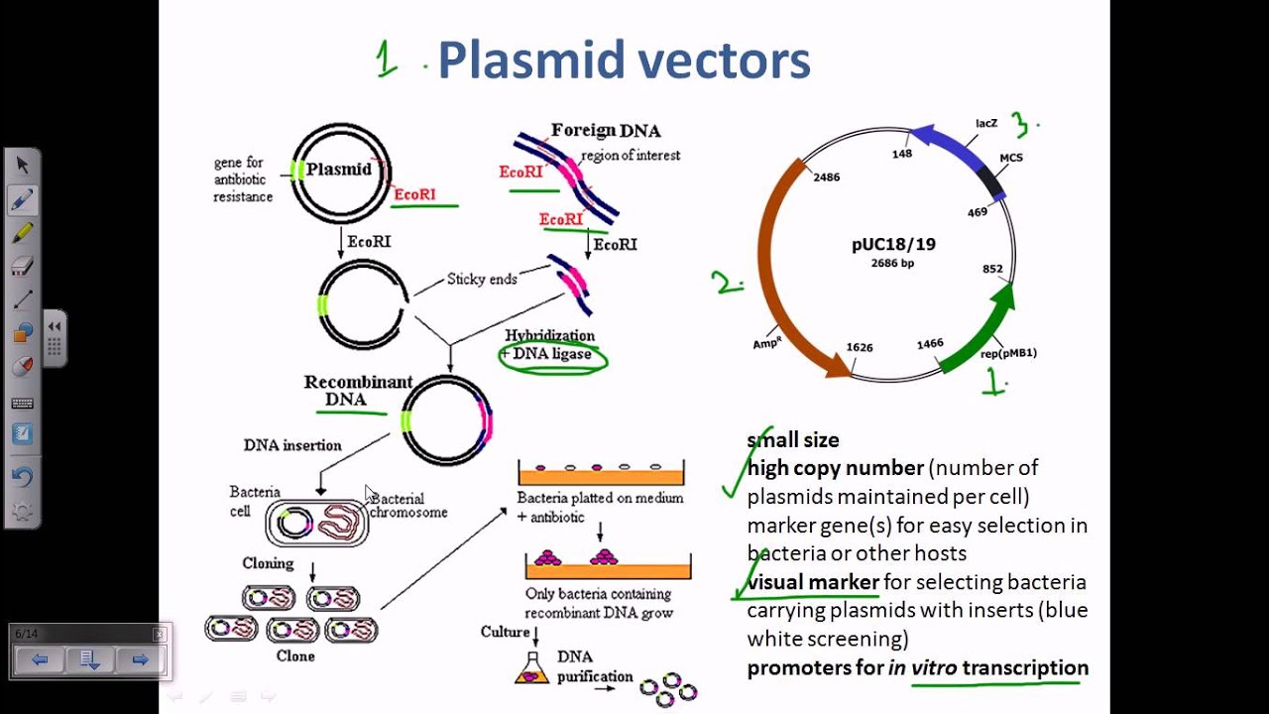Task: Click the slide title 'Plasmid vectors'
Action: coord(624,60)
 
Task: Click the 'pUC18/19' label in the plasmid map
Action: coord(893,244)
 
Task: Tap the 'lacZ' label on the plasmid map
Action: coord(986,124)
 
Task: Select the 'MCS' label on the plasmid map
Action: coord(1010,158)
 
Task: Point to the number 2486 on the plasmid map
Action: coord(826,178)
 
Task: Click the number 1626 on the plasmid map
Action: coord(860,348)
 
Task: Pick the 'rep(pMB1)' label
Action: coord(1007,353)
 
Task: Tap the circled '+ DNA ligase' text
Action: coord(551,355)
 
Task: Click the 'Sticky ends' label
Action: coord(482,280)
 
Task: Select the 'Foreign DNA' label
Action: coord(606,131)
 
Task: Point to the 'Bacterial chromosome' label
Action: coord(407,506)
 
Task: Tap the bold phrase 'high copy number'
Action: coord(835,467)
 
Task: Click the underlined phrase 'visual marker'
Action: coord(813,582)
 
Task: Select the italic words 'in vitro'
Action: coord(922,668)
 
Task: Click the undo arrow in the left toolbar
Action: coord(22,477)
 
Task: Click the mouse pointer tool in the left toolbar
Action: coord(22,165)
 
